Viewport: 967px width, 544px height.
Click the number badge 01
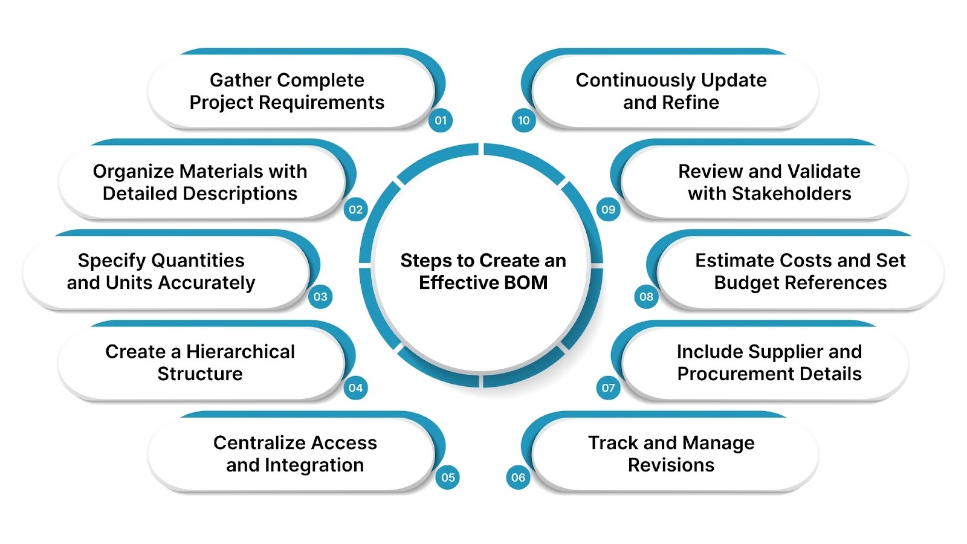pyautogui.click(x=441, y=120)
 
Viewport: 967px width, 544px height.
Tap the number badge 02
pyautogui.click(x=355, y=210)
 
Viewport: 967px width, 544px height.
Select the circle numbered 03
pyautogui.click(x=320, y=297)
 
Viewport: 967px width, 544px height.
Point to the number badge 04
pyautogui.click(x=355, y=388)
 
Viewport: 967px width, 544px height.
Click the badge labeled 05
pyautogui.click(x=447, y=478)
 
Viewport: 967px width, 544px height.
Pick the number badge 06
pyautogui.click(x=518, y=478)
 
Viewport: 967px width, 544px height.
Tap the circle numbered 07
pyautogui.click(x=608, y=388)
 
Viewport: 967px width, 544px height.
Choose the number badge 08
pyautogui.click(x=646, y=297)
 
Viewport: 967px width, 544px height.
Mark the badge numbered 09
pyautogui.click(x=608, y=210)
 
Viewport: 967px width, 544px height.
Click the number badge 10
pyautogui.click(x=523, y=120)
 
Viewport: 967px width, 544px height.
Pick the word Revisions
pyautogui.click(x=671, y=465)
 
